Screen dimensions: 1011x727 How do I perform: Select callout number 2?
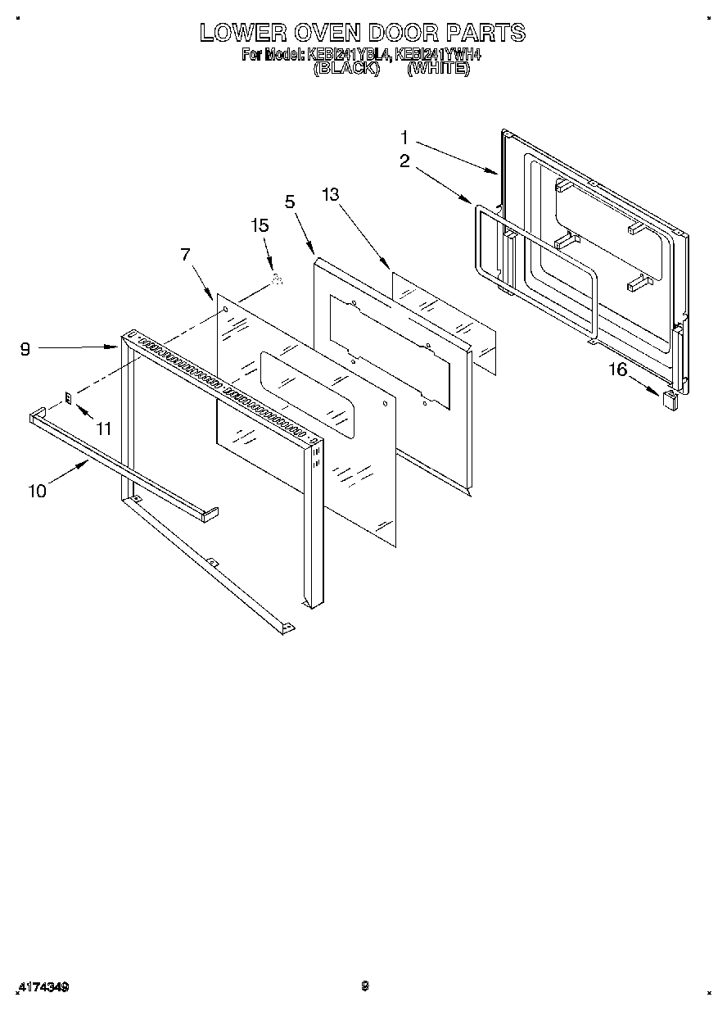(x=404, y=161)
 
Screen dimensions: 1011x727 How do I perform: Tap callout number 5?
(x=289, y=202)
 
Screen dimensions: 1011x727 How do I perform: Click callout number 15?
(x=260, y=226)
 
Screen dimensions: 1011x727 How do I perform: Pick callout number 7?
(x=186, y=254)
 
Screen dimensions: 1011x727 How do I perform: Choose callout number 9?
(x=25, y=349)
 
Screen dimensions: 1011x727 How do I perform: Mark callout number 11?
(x=103, y=428)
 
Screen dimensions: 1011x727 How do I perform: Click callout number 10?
(x=37, y=491)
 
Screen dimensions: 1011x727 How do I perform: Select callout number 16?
(x=616, y=369)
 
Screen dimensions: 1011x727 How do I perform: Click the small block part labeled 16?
(x=669, y=400)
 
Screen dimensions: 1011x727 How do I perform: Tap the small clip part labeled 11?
(x=70, y=398)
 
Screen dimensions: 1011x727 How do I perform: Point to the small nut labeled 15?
(x=277, y=280)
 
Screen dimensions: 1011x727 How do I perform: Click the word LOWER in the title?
(x=243, y=33)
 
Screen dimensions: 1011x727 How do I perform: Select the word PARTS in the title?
(x=485, y=33)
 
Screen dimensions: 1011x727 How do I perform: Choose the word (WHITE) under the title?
(x=439, y=70)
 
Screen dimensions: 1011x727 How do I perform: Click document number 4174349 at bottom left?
(x=42, y=987)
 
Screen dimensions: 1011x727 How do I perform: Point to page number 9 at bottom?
(x=365, y=986)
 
